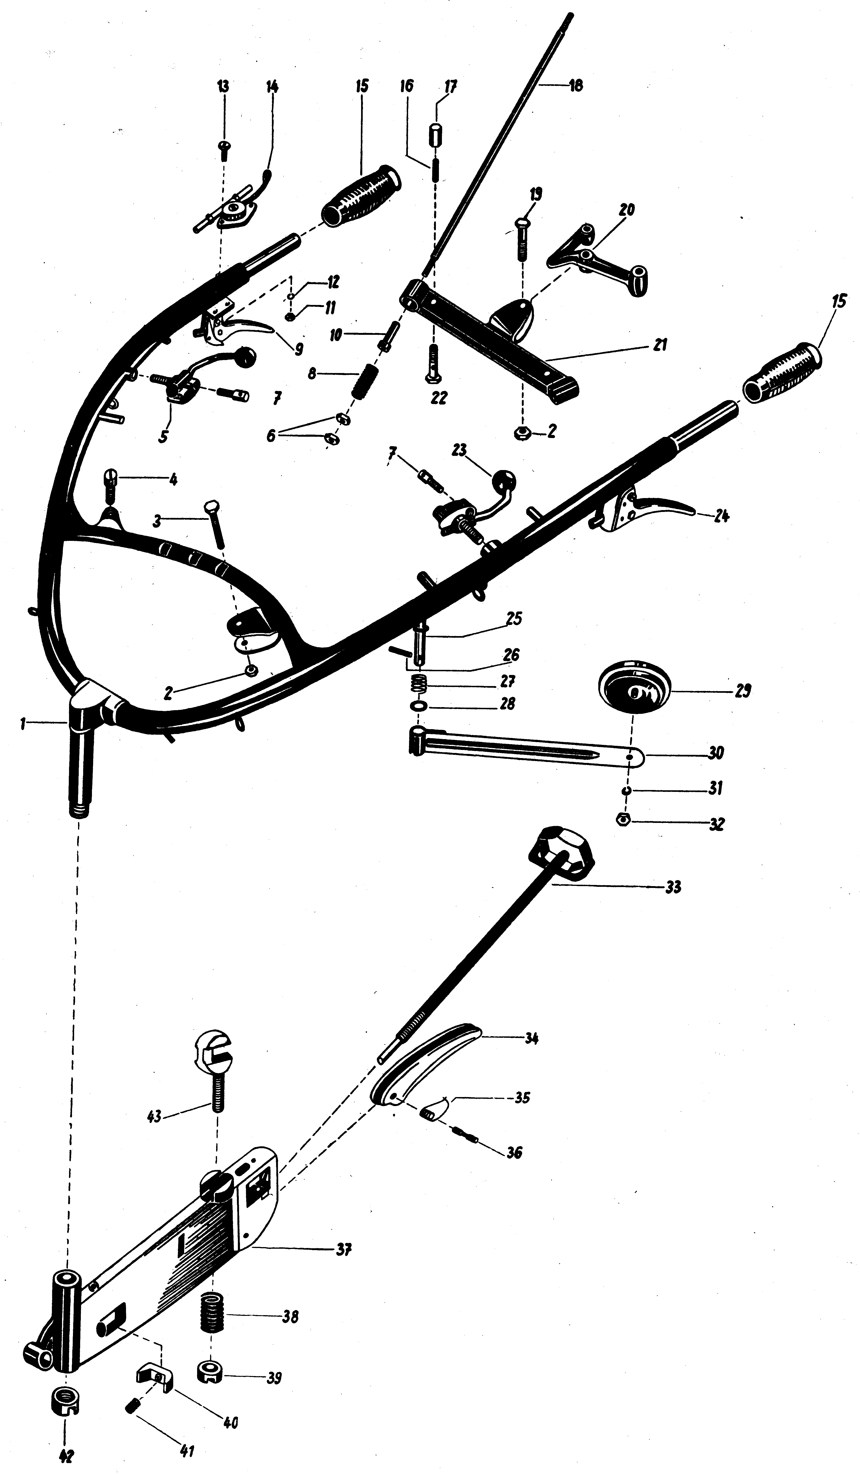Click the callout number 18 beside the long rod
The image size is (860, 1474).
pyautogui.click(x=576, y=86)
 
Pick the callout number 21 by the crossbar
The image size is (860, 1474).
pyautogui.click(x=660, y=346)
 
